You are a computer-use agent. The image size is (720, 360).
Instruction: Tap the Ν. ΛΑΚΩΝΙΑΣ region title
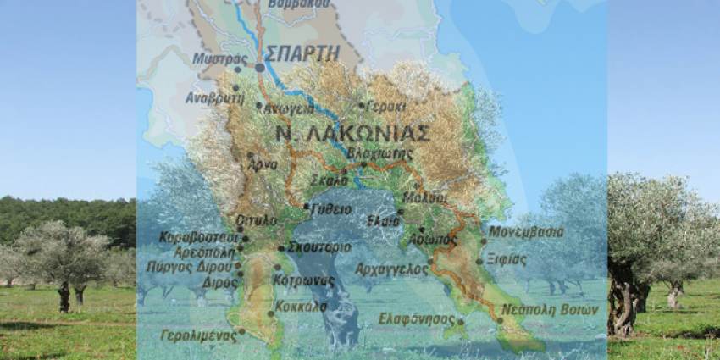coord(353,133)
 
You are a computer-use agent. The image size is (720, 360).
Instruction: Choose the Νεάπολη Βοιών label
coord(549,309)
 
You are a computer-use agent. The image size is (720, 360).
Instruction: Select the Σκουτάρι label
coord(318,247)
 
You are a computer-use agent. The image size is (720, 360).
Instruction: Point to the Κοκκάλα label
coord(300,306)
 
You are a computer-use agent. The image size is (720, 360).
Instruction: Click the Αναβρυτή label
coord(214,97)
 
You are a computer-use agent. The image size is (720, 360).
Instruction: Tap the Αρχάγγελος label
coord(391,269)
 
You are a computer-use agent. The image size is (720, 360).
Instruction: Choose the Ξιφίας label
coord(507,260)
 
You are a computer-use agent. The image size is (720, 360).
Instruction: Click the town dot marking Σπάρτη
coord(259,66)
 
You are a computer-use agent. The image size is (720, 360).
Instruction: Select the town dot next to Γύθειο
coord(306,206)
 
